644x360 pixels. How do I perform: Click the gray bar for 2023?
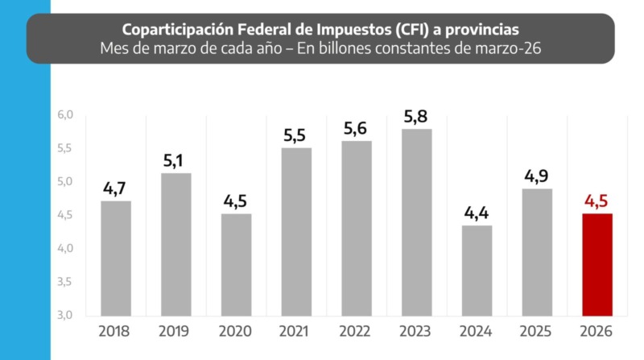(x=417, y=221)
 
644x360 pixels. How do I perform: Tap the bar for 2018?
(x=115, y=258)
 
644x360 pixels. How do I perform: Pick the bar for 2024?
(x=477, y=270)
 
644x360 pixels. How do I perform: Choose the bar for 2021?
(x=296, y=231)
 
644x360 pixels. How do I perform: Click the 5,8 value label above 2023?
(x=417, y=116)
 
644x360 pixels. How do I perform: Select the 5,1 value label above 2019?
(x=175, y=159)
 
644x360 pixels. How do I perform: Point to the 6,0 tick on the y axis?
(x=65, y=115)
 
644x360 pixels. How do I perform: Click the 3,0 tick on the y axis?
(x=65, y=315)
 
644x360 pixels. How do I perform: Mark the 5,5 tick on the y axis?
(x=65, y=148)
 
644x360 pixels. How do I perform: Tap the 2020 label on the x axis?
(x=236, y=331)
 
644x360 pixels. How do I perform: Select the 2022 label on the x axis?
(x=357, y=331)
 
